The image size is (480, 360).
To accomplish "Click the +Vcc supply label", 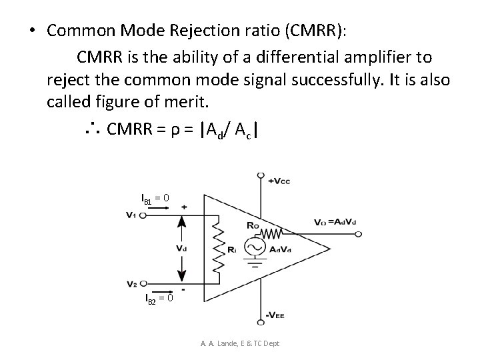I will (279, 181).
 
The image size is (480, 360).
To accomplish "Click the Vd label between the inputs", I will (181, 247).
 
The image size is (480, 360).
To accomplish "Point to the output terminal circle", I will (358, 234).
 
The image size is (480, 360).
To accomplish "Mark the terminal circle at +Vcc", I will (260, 176).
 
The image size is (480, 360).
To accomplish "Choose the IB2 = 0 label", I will (159, 297).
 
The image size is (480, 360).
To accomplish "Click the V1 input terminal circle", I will (143, 214).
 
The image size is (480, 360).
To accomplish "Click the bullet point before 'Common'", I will (32, 31).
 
